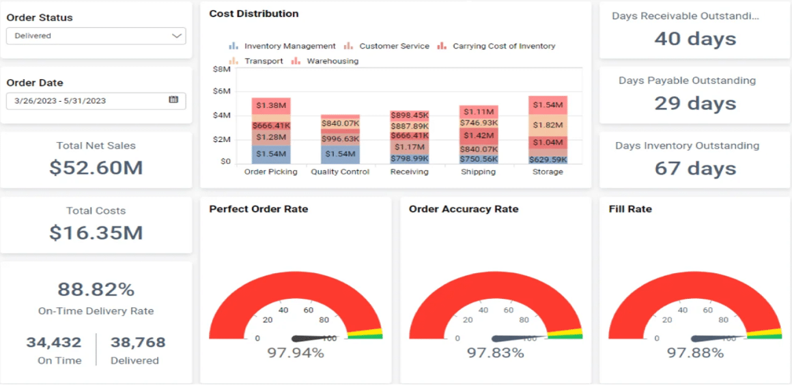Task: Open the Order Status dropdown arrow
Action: coord(177,35)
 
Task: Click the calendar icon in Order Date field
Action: coord(173,100)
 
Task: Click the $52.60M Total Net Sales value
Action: coord(96,167)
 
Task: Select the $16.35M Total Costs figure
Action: coord(96,233)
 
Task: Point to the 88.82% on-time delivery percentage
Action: coord(96,289)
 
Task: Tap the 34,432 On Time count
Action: coord(54,342)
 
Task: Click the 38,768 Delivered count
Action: coord(138,342)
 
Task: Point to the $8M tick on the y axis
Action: coord(222,69)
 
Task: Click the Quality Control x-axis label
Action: coord(340,172)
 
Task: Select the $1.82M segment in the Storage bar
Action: coord(548,125)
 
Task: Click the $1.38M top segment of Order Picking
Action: coord(271,106)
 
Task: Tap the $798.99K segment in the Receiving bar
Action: coord(409,158)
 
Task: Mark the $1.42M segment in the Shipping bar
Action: coord(479,135)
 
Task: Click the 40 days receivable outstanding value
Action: coord(695,38)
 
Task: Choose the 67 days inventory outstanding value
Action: coord(695,168)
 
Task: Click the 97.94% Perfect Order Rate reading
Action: coord(295,353)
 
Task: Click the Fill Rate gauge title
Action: coord(630,210)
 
